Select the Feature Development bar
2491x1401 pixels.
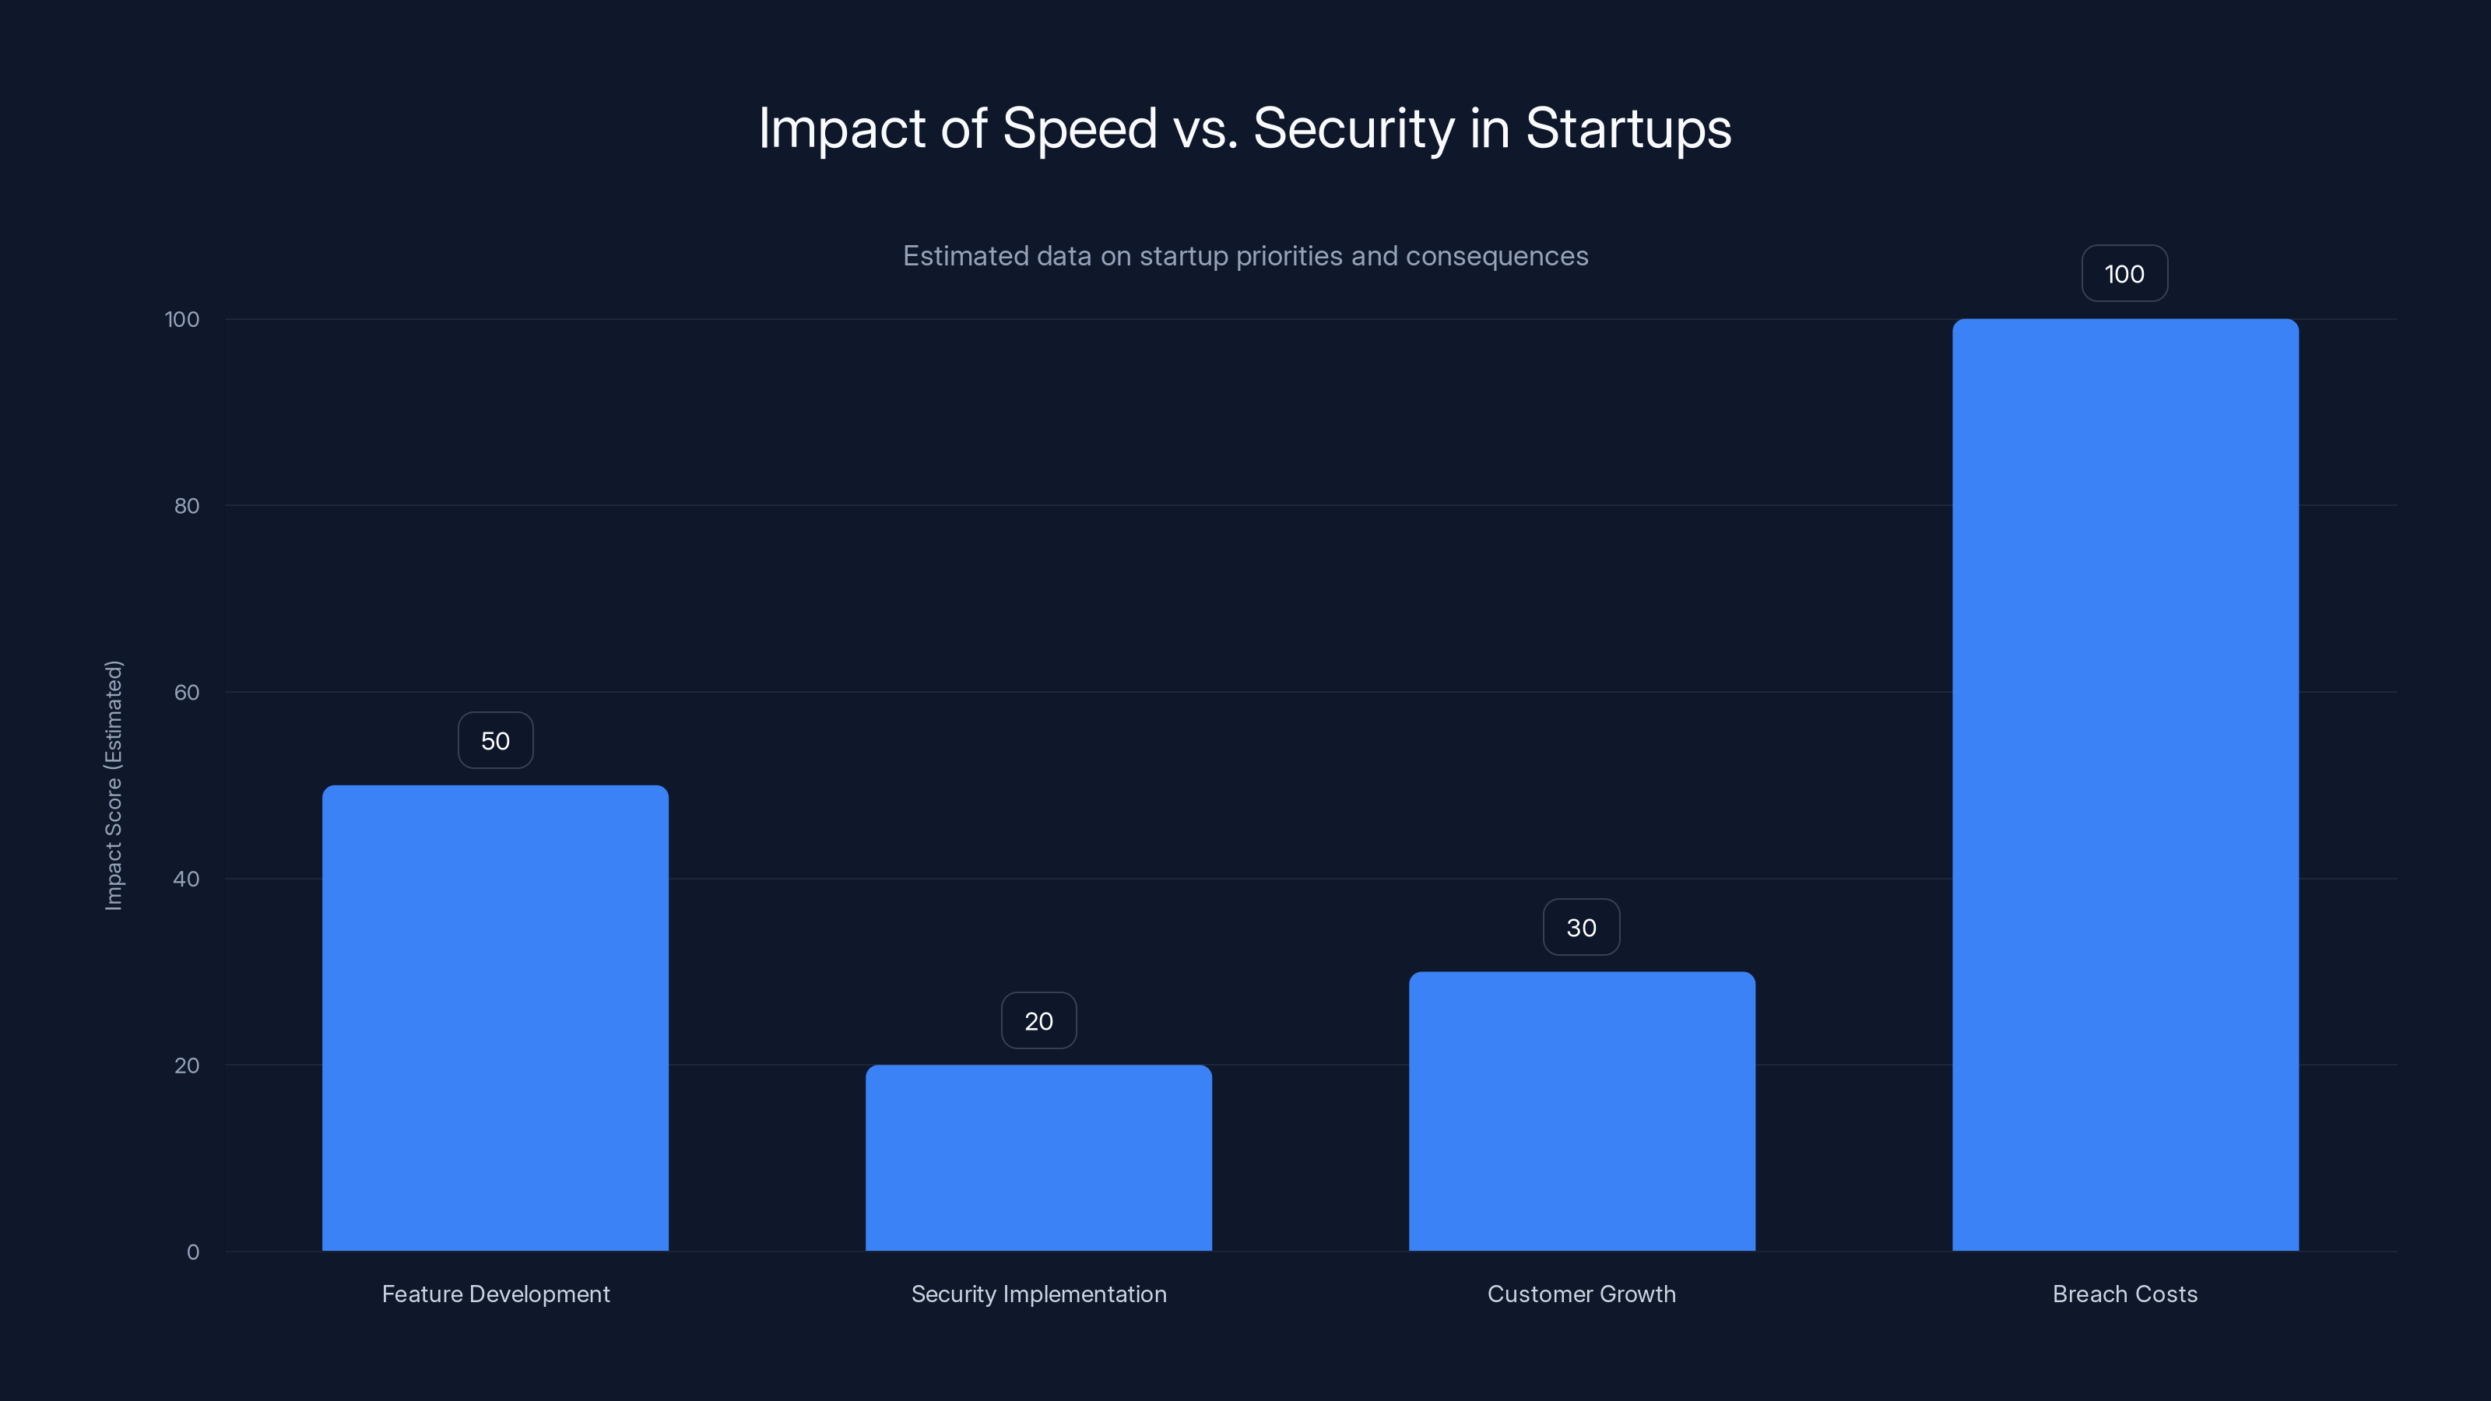(495, 1017)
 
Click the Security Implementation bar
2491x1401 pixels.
(1038, 1157)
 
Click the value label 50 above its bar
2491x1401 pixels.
(495, 741)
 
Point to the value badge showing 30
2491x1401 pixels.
(1581, 927)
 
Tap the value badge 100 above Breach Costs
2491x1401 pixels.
(2124, 274)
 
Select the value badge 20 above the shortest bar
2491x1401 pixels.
(1038, 1021)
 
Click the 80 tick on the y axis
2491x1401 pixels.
(187, 506)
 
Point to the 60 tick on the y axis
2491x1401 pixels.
(187, 692)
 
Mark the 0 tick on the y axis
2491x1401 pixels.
(192, 1252)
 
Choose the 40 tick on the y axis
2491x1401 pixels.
(187, 879)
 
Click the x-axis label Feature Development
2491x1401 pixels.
(495, 1294)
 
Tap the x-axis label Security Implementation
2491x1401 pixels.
(1038, 1294)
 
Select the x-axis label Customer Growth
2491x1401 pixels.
(1581, 1294)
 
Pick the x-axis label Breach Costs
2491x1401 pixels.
(2124, 1294)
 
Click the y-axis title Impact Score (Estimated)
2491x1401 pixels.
(113, 785)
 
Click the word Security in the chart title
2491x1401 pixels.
(1353, 128)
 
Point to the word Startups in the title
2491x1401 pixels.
(1628, 128)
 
